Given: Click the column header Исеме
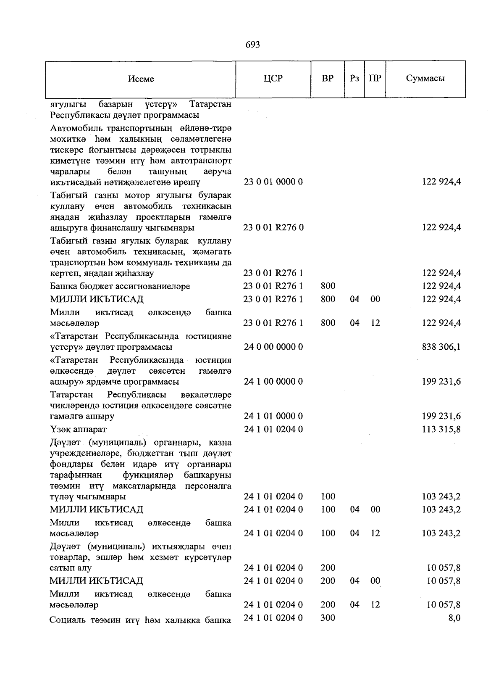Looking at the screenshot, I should coord(141,79).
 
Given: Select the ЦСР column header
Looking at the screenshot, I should coord(273,79).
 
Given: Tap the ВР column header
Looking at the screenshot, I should coord(328,79).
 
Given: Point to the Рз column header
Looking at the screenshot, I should coord(354,79).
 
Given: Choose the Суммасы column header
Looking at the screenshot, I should coord(425,79).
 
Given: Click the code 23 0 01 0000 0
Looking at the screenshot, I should coord(273,182).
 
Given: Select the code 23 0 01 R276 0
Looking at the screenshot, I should coord(273,227).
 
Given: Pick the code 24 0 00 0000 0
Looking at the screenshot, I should coord(273,347).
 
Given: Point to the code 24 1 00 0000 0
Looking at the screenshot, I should coord(273,382).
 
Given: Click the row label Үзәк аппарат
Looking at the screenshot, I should coord(78,429).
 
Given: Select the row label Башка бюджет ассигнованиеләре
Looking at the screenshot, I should coord(120,286).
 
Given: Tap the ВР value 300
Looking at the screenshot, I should coord(328,618).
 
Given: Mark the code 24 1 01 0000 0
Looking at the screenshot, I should coord(273,416).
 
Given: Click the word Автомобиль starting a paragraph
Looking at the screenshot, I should coord(77,128).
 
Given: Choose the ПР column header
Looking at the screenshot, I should coord(375,79).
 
